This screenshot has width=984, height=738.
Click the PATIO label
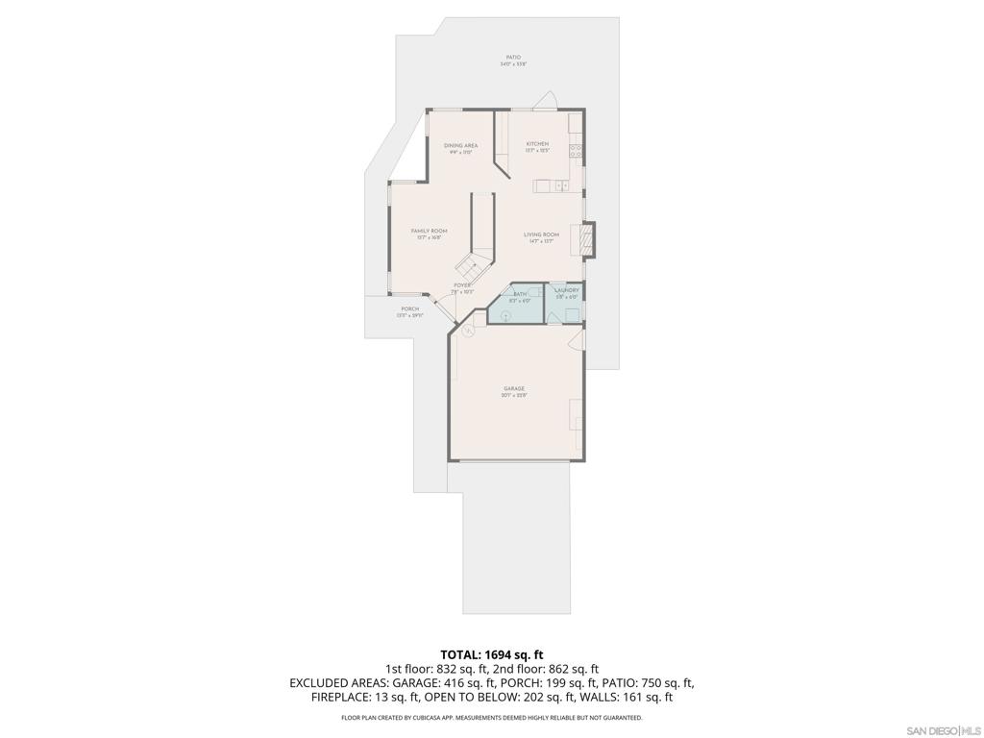(514, 58)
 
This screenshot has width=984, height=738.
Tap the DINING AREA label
(460, 146)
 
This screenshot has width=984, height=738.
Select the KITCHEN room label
(536, 144)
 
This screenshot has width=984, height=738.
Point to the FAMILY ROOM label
(429, 232)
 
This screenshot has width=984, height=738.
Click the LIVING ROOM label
(541, 234)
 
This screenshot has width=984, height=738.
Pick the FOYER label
(462, 285)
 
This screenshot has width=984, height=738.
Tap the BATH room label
(520, 294)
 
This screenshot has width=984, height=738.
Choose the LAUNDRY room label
(566, 289)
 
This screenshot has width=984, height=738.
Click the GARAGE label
(513, 389)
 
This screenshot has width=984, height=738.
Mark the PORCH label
(410, 309)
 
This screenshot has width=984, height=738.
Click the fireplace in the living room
(586, 240)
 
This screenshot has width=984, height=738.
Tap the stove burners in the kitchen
(577, 149)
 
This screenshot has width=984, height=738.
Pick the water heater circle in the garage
(467, 331)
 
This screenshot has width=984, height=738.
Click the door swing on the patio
(546, 101)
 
